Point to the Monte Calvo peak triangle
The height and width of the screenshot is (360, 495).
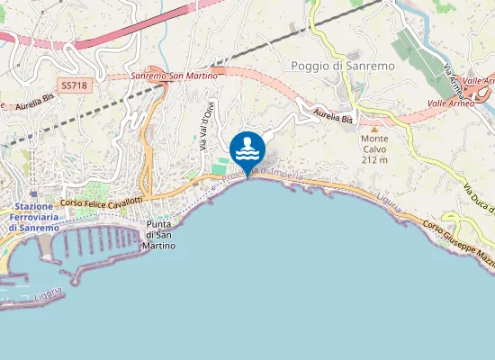tap(374, 129)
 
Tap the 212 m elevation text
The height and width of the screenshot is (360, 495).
tap(374, 159)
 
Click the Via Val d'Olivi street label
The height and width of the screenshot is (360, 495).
tap(205, 126)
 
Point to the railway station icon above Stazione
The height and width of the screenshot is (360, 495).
tap(34, 193)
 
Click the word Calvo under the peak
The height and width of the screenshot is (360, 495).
tap(374, 149)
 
